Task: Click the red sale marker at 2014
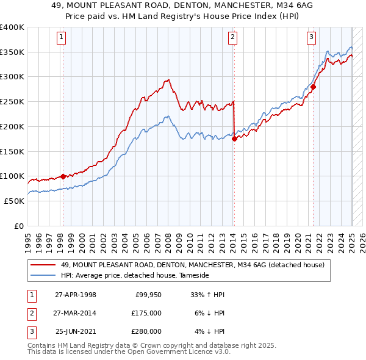(234, 139)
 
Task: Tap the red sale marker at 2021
(313, 87)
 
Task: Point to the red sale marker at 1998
(63, 176)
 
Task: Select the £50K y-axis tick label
(14, 200)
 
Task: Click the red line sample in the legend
(43, 265)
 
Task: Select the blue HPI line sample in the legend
(43, 275)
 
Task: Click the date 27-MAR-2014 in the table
(75, 313)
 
